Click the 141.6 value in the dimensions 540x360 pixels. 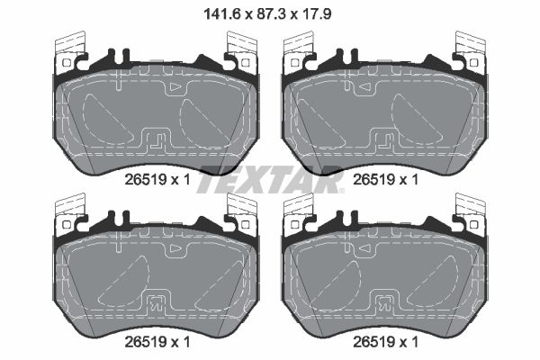tap(221, 14)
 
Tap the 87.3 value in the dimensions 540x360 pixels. tap(271, 14)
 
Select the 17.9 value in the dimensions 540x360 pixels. tap(317, 14)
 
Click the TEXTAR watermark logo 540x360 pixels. tap(270, 179)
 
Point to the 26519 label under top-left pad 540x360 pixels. tap(146, 179)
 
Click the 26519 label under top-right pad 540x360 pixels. tap(374, 179)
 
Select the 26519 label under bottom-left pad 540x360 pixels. tap(146, 342)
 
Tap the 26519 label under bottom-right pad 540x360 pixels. tap(374, 342)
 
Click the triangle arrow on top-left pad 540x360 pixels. tap(175, 87)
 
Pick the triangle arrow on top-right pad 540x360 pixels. tap(364, 87)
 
